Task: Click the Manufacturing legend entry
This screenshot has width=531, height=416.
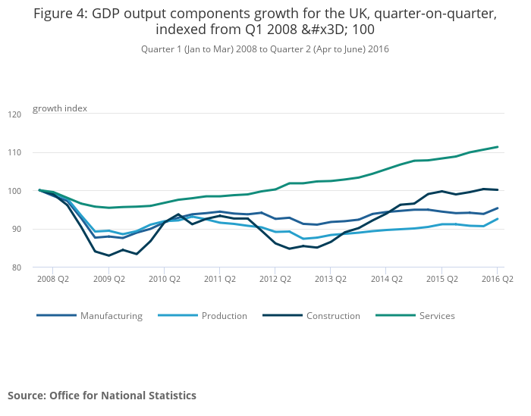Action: point(111,316)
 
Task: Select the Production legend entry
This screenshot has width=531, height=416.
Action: point(224,316)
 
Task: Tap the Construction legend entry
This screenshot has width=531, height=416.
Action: point(333,316)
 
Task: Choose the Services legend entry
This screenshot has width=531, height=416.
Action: point(437,316)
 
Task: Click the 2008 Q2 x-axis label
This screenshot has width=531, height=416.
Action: point(53,279)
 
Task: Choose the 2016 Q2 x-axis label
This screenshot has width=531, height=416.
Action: point(497,279)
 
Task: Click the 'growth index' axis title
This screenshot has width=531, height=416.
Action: point(60,108)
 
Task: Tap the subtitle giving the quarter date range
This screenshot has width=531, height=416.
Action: point(265,49)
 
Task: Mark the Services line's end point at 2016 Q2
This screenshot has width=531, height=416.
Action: point(498,147)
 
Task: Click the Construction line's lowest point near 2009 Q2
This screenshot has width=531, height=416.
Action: point(108,255)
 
